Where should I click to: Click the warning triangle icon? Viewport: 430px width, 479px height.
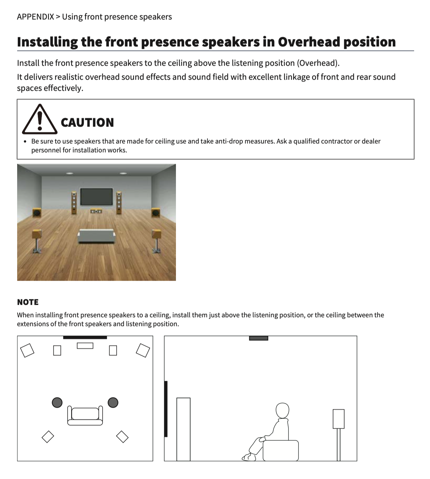coord(39,119)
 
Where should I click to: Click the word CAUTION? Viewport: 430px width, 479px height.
coord(87,122)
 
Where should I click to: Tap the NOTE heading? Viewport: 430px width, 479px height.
coord(28,302)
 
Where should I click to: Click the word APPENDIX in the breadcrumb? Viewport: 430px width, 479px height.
coord(36,17)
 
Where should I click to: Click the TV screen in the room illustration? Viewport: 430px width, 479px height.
coord(96,196)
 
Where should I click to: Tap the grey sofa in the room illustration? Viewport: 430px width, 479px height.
coord(97,236)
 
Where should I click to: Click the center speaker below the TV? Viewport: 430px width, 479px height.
coord(96,211)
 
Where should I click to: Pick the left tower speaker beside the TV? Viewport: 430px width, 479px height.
coord(74,203)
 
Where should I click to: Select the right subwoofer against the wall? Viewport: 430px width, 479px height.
coord(156,213)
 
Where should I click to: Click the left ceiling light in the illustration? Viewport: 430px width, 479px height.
coord(69,173)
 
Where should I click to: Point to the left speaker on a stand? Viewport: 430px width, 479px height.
coord(37,241)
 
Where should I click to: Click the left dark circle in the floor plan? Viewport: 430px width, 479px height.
coord(57,403)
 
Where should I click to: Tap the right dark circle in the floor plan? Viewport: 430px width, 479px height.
coord(113,403)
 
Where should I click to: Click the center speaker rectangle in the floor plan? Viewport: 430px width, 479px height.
coord(85,346)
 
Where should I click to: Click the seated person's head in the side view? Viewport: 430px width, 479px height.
coord(282,411)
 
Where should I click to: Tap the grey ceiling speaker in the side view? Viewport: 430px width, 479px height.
coord(259,338)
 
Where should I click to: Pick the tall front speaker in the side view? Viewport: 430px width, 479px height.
coord(184,429)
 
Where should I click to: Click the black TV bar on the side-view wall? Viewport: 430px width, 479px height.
coord(166,409)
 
